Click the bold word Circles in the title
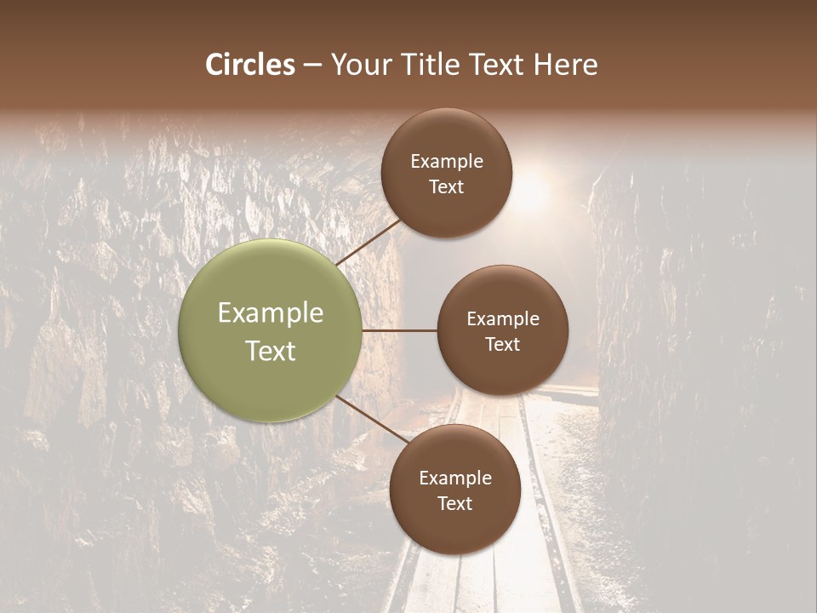point(250,65)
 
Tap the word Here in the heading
point(565,65)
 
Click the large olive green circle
point(270,330)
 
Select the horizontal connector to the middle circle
point(399,330)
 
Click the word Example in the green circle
point(271,313)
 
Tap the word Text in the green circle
point(271,351)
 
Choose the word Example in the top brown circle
point(447,161)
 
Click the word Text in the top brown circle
point(447,186)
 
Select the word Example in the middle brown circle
point(503,318)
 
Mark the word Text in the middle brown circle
point(503,344)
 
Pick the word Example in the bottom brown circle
point(455,478)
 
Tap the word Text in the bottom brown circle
point(455,503)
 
